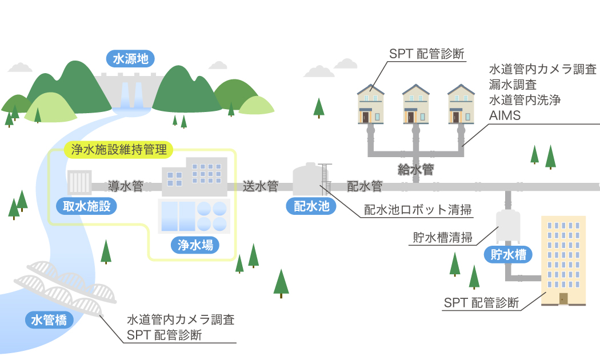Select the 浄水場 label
(x=195, y=246)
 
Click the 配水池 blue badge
(x=311, y=207)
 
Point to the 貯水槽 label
(x=508, y=254)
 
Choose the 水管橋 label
(x=49, y=320)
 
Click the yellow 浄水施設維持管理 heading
(x=119, y=150)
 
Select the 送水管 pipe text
(x=261, y=186)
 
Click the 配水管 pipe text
(x=365, y=186)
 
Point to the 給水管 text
(x=416, y=170)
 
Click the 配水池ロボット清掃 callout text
(x=418, y=210)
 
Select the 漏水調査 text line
(x=513, y=85)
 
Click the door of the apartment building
(x=563, y=298)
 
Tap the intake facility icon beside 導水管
(x=79, y=183)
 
